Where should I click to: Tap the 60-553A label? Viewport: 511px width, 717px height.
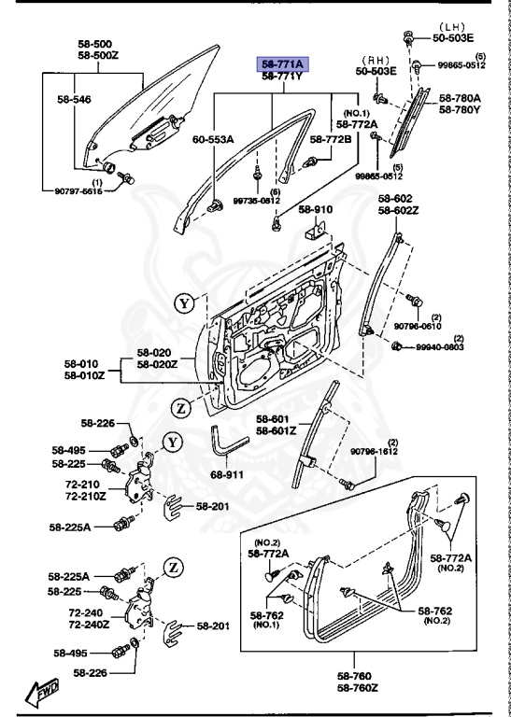[x=213, y=139]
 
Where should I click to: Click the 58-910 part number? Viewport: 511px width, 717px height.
[x=315, y=209]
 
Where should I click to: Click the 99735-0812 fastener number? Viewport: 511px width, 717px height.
[x=256, y=201]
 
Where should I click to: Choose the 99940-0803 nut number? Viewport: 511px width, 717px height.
[x=440, y=347]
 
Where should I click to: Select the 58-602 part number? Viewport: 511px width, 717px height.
[x=394, y=198]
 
